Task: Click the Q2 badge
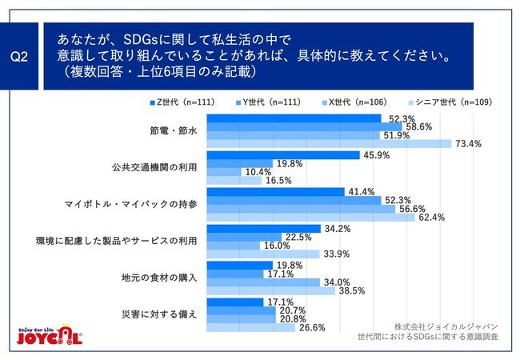click(21, 56)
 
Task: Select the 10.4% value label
click(256, 173)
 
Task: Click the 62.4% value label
click(430, 217)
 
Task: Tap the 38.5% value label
click(352, 291)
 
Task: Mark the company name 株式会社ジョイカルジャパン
click(446, 326)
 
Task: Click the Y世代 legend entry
click(270, 102)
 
